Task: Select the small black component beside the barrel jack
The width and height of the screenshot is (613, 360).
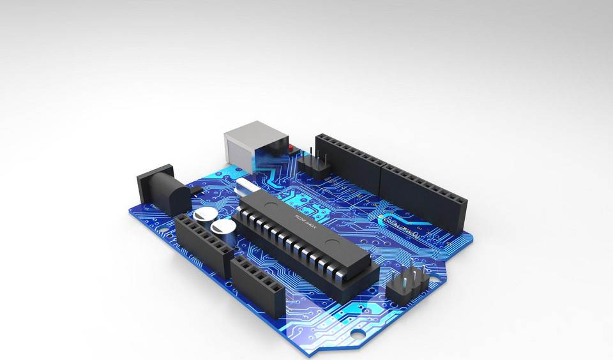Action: tap(195, 190)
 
